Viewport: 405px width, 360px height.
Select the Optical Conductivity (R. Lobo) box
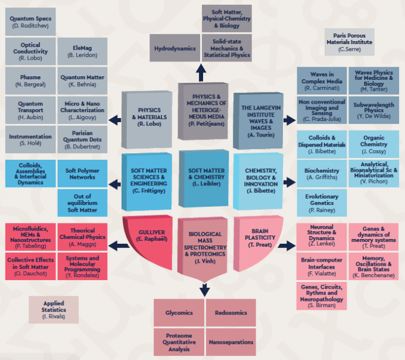pyautogui.click(x=30, y=51)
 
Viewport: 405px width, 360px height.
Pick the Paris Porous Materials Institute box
pyautogui.click(x=349, y=42)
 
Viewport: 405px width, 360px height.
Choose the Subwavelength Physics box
pyautogui.click(x=374, y=110)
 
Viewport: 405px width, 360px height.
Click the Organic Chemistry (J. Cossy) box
pyautogui.click(x=373, y=144)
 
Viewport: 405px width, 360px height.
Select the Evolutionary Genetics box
pyautogui.click(x=322, y=202)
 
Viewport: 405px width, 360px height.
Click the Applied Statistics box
pyautogui.click(x=54, y=310)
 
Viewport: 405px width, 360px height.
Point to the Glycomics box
pyautogui.click(x=179, y=312)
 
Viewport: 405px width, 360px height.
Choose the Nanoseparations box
pyautogui.click(x=229, y=342)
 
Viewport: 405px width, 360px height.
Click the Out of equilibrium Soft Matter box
pyautogui.click(x=83, y=202)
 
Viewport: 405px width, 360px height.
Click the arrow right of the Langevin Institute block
pyautogui.click(x=289, y=120)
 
